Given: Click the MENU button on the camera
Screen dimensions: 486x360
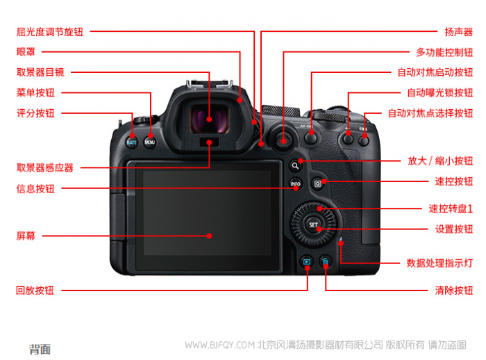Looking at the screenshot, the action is point(150,142).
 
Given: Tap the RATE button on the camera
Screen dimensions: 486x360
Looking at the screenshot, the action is point(131,142).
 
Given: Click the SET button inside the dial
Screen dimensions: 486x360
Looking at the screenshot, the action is point(313,224).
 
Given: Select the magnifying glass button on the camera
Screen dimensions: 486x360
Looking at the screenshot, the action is point(295,165).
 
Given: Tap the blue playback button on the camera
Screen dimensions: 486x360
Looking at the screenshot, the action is point(307,262).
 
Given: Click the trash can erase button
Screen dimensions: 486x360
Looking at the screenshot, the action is point(325,262).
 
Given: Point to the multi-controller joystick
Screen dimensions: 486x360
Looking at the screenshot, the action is point(283,141).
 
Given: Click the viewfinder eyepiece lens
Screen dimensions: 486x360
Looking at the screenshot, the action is point(209,119).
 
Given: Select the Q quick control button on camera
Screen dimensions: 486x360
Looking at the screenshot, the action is point(318,184).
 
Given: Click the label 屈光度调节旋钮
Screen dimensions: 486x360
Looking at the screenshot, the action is point(49,32).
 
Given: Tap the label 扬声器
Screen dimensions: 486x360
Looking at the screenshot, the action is point(459,32).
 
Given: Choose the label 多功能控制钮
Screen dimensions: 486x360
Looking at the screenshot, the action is point(444,52).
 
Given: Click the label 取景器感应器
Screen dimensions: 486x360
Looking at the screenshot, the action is point(45,167).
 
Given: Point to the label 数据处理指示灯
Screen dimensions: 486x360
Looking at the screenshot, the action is point(439,263).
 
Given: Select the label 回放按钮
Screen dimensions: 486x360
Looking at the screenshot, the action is point(35,291).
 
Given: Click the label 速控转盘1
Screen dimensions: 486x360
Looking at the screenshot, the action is point(451,208).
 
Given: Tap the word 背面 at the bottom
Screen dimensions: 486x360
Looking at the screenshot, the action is point(40,350).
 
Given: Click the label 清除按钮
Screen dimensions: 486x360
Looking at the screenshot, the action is point(454,291).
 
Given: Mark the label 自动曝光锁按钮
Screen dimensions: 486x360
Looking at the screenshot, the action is point(439,92).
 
